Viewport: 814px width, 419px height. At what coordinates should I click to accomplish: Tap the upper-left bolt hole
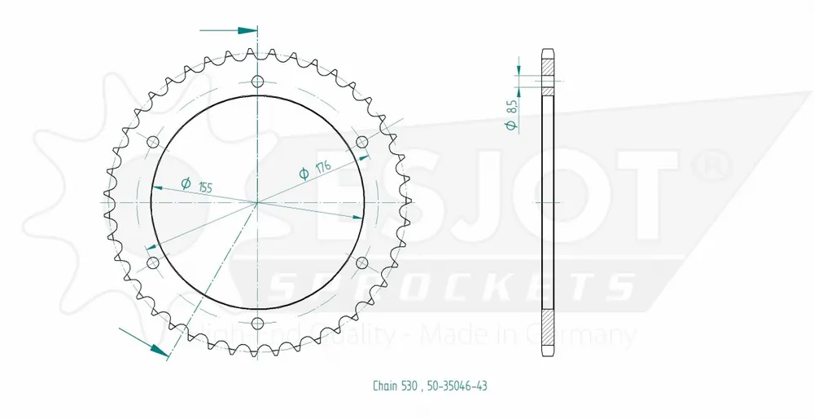tap(152, 142)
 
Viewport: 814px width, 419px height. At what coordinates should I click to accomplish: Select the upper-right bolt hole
tap(362, 142)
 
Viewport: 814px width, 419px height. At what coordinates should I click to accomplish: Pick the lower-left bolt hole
tap(152, 262)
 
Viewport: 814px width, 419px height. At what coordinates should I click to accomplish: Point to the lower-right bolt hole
tap(362, 262)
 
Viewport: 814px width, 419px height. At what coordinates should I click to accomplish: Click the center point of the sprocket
tap(258, 202)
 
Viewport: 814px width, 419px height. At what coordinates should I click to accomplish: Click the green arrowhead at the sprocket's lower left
tap(159, 351)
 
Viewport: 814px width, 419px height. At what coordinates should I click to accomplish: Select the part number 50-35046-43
tap(457, 386)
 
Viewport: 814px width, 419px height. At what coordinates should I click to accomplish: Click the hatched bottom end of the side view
tap(549, 334)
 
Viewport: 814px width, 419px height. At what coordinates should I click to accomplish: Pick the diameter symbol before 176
tap(304, 173)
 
